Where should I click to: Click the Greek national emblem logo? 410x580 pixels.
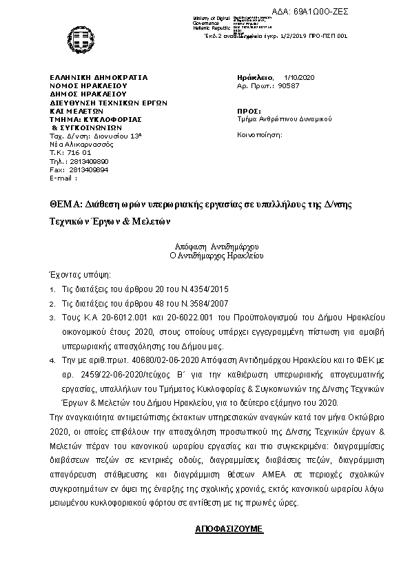point(75,37)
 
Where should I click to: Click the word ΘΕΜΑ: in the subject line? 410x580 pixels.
point(65,205)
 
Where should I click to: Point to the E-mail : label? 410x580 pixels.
point(64,177)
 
